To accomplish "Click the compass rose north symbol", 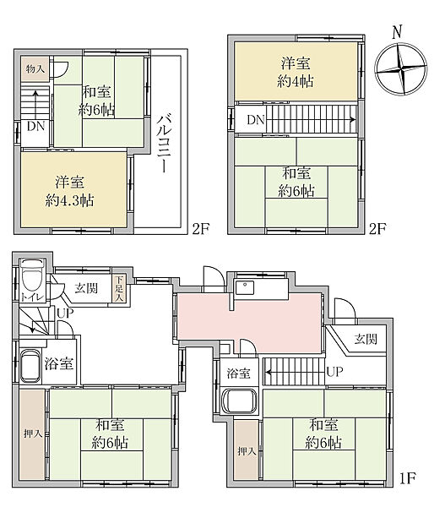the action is tap(401, 69).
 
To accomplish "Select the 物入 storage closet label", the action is tap(35, 69).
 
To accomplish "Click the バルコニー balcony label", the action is tap(163, 143).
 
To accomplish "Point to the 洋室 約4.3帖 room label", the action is tap(69, 191).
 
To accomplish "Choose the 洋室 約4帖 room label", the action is tap(296, 72).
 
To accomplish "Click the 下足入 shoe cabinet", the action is tap(119, 288).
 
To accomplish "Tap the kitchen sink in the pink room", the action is tap(245, 287).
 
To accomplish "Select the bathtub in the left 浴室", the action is tap(31, 366).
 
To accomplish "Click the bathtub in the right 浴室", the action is tap(240, 401).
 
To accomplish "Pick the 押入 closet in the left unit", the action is tap(32, 434).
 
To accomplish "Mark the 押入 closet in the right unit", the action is tap(247, 450).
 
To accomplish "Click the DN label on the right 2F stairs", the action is tap(256, 120).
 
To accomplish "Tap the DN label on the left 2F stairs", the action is tap(35, 126).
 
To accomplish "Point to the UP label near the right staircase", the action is tap(334, 372).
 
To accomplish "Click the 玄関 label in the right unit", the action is tap(366, 339).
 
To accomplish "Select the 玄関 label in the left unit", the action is tap(86, 288).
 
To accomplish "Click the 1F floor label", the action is tap(407, 478).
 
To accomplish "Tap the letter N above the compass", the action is tap(397, 32).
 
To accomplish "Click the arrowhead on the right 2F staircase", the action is tap(353, 120).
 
